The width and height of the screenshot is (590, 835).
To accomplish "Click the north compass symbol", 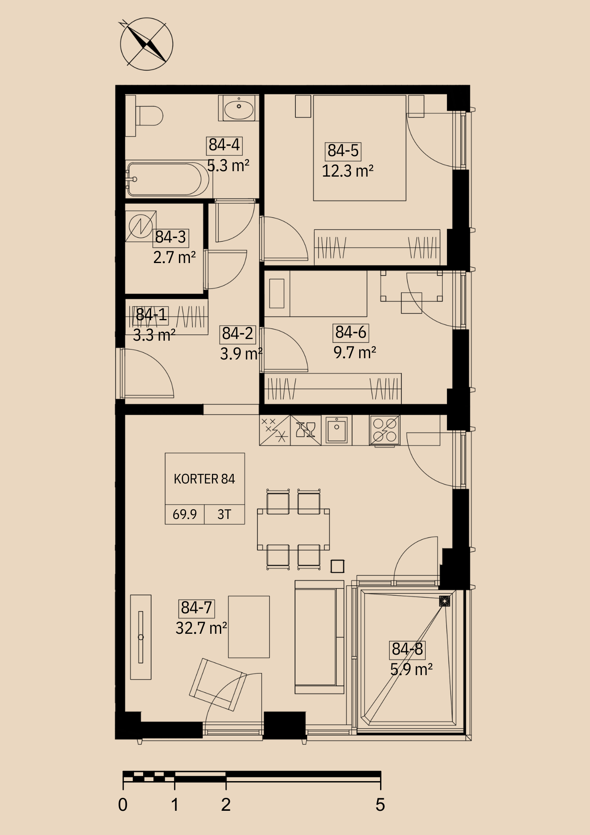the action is tap(146, 44).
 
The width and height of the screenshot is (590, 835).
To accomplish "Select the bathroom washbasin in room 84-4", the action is tap(238, 108).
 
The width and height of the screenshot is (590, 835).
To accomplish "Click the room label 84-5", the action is tap(343, 151).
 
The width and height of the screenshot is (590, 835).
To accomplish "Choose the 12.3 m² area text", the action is tap(348, 171).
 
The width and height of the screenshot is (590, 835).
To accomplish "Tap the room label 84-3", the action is tap(171, 238).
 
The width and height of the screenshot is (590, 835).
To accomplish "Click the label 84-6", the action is tap(351, 333).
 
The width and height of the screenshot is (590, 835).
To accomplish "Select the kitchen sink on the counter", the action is tap(337, 430).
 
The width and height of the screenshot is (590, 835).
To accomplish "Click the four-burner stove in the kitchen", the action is tap(385, 430).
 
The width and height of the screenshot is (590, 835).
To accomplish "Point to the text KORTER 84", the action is tap(204, 479).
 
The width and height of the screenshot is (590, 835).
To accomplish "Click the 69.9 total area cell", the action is tap(185, 514).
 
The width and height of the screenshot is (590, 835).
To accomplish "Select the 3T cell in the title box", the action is tap(224, 514).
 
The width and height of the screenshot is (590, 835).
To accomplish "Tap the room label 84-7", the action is tap(197, 608).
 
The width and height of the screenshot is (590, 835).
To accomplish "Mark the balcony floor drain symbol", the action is tap(445, 601).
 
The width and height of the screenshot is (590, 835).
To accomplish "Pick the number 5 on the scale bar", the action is tap(380, 805).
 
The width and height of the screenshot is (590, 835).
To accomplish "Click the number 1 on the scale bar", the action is tap(175, 805).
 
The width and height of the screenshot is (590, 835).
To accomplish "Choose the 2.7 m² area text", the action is tap(174, 258).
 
